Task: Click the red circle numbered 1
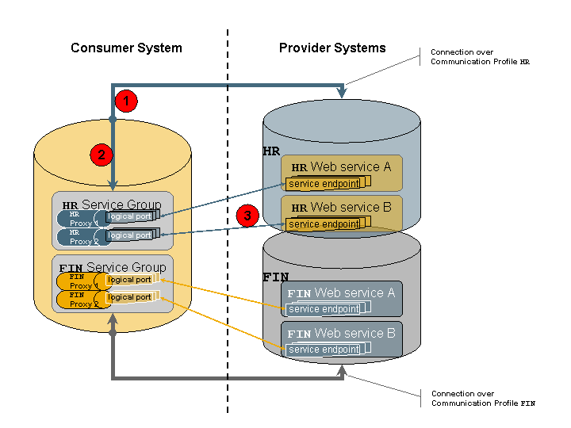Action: [x=126, y=101]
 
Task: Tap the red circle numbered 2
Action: [x=101, y=155]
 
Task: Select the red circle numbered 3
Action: [x=247, y=215]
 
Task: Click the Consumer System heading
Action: [x=126, y=48]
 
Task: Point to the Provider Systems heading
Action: [x=332, y=48]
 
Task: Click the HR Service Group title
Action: [x=112, y=205]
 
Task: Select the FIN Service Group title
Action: [x=113, y=268]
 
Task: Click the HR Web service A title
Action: [x=342, y=167]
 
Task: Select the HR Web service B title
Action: [x=342, y=208]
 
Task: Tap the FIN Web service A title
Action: [x=341, y=293]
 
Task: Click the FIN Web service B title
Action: [x=341, y=334]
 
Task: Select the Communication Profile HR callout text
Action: [x=480, y=57]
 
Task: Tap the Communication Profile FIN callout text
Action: [x=483, y=399]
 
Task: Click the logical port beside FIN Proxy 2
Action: [x=129, y=298]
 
